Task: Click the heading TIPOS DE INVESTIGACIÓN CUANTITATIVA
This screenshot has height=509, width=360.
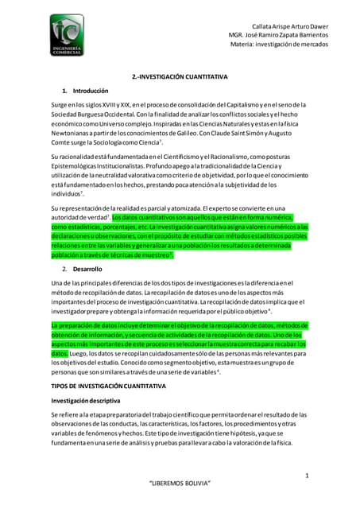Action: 108,385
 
